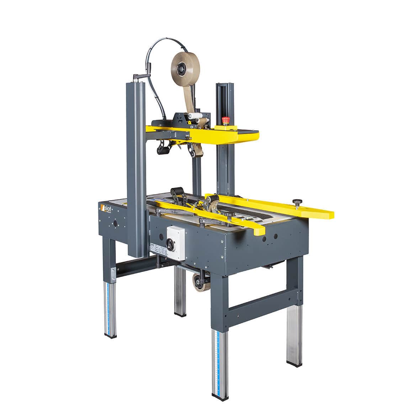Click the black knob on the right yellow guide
[297, 203]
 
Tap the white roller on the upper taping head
[195, 116]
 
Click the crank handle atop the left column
[140, 76]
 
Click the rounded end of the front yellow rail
[259, 230]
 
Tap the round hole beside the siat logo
[115, 224]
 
